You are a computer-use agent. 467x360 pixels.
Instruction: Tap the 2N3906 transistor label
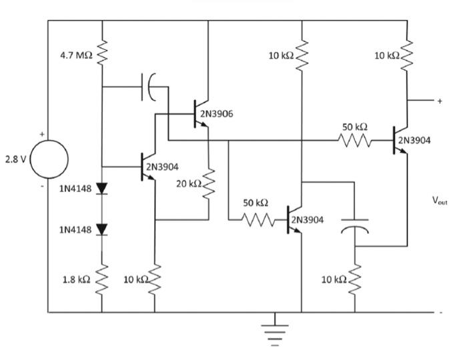coord(217,114)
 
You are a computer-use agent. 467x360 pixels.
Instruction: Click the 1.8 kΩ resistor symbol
coord(102,279)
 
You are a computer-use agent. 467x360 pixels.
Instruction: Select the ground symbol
coord(274,331)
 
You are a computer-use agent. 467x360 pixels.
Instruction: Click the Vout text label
coord(440,199)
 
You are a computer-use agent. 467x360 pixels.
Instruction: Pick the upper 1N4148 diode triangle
coord(102,189)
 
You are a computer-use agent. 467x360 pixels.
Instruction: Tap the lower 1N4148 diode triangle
coord(102,229)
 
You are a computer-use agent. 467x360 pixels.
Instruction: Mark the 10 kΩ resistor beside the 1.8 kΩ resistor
coord(155,279)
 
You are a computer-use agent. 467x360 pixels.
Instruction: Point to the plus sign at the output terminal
coord(440,101)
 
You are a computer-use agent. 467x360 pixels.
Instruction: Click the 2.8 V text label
coord(13,160)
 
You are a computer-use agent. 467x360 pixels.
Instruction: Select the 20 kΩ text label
coord(187,183)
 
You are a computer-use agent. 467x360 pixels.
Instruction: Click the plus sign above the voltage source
coord(42,135)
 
